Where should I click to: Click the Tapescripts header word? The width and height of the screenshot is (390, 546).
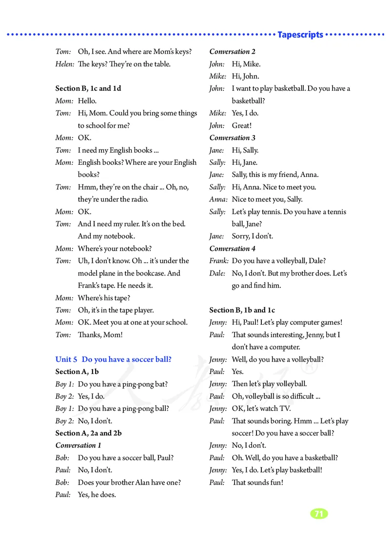[x=300, y=35]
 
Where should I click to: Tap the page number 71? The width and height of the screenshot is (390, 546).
[x=319, y=513]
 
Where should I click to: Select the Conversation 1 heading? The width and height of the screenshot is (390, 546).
[x=78, y=445]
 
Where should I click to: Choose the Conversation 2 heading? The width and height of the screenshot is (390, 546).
[x=233, y=51]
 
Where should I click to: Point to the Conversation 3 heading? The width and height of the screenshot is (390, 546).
[x=233, y=137]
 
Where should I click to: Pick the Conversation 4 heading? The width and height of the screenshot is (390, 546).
[x=233, y=248]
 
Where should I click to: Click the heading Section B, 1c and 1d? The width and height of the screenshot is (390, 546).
[x=88, y=88]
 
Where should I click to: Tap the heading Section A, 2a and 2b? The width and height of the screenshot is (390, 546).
[x=89, y=433]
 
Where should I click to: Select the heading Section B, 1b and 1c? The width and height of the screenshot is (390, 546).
[x=242, y=310]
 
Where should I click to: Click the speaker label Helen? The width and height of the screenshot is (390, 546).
[x=65, y=64]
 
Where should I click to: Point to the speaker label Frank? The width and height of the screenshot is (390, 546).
[x=218, y=261]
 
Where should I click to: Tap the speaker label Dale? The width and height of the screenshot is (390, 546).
[x=217, y=273]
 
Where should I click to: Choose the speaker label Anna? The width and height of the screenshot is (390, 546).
[x=218, y=199]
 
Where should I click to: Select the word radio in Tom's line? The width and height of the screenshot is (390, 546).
[x=138, y=199]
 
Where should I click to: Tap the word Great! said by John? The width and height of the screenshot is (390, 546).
[x=242, y=125]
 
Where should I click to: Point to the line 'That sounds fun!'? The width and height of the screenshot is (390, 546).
[x=257, y=482]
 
